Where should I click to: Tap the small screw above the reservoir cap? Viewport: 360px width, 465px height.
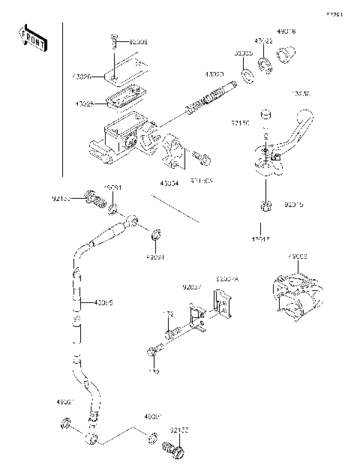click(112, 40)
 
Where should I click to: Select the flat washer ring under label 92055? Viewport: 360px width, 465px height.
click(246, 77)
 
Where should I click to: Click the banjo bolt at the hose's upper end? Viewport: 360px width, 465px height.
click(94, 200)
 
